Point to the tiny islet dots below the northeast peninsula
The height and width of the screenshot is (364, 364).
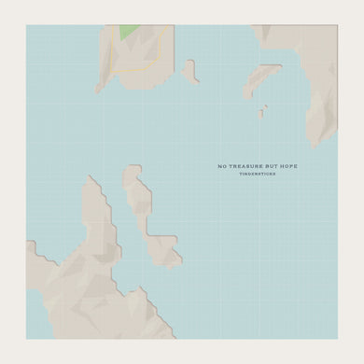[262, 111]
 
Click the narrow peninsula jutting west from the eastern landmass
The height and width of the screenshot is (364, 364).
[261, 82]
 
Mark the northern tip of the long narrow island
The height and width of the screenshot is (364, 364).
[133, 170]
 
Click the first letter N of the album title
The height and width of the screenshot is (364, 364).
[218, 167]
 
